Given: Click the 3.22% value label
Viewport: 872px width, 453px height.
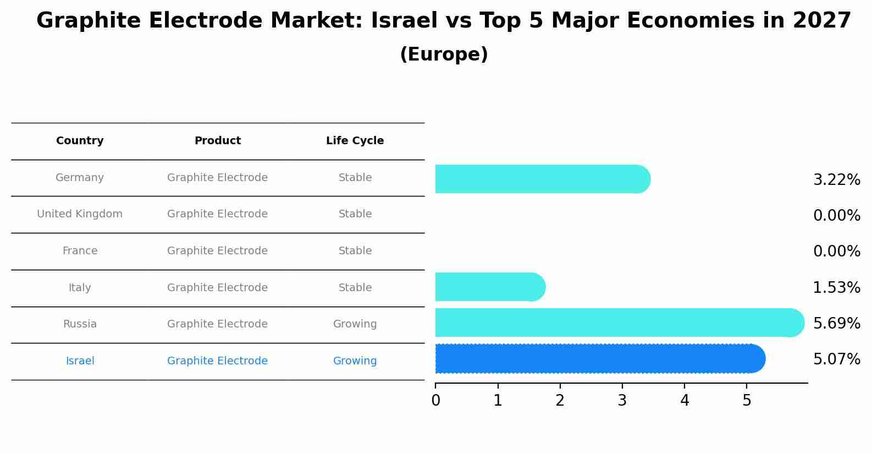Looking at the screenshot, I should coord(836,180).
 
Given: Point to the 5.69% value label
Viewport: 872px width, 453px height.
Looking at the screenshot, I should coord(836,323).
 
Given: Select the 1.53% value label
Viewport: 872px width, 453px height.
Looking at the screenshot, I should coord(836,287).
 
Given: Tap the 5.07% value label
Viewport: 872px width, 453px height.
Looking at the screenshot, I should coord(836,359).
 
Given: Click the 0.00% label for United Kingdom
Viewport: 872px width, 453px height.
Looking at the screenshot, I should coord(836,216).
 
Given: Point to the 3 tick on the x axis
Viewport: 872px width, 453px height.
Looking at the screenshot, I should coord(622,400).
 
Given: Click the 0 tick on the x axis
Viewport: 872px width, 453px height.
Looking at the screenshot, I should coord(435,400).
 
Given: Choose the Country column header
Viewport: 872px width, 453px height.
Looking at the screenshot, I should coord(80,141).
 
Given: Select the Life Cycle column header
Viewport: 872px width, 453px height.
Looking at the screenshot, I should coord(355,141).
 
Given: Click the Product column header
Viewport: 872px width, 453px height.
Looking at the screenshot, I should coord(217,141).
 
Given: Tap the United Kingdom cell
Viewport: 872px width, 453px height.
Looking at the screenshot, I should coord(80,214).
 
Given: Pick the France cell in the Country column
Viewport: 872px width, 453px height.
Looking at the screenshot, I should coord(80,251).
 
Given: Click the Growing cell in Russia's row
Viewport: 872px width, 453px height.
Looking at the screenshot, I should coord(355,324).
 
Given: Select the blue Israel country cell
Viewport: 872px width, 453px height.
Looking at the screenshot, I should coord(80,361).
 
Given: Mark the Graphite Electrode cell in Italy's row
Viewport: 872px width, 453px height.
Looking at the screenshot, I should coord(217,288).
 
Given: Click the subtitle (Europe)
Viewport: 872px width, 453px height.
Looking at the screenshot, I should coord(444,54).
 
